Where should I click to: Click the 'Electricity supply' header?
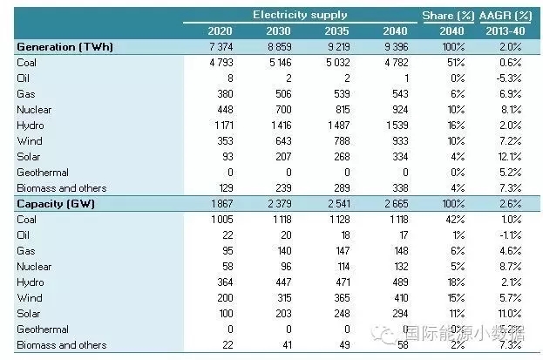coord(300,15)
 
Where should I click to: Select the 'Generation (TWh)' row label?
coord(65,46)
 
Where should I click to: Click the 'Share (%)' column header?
coord(446,15)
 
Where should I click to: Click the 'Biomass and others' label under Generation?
coord(61,187)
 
